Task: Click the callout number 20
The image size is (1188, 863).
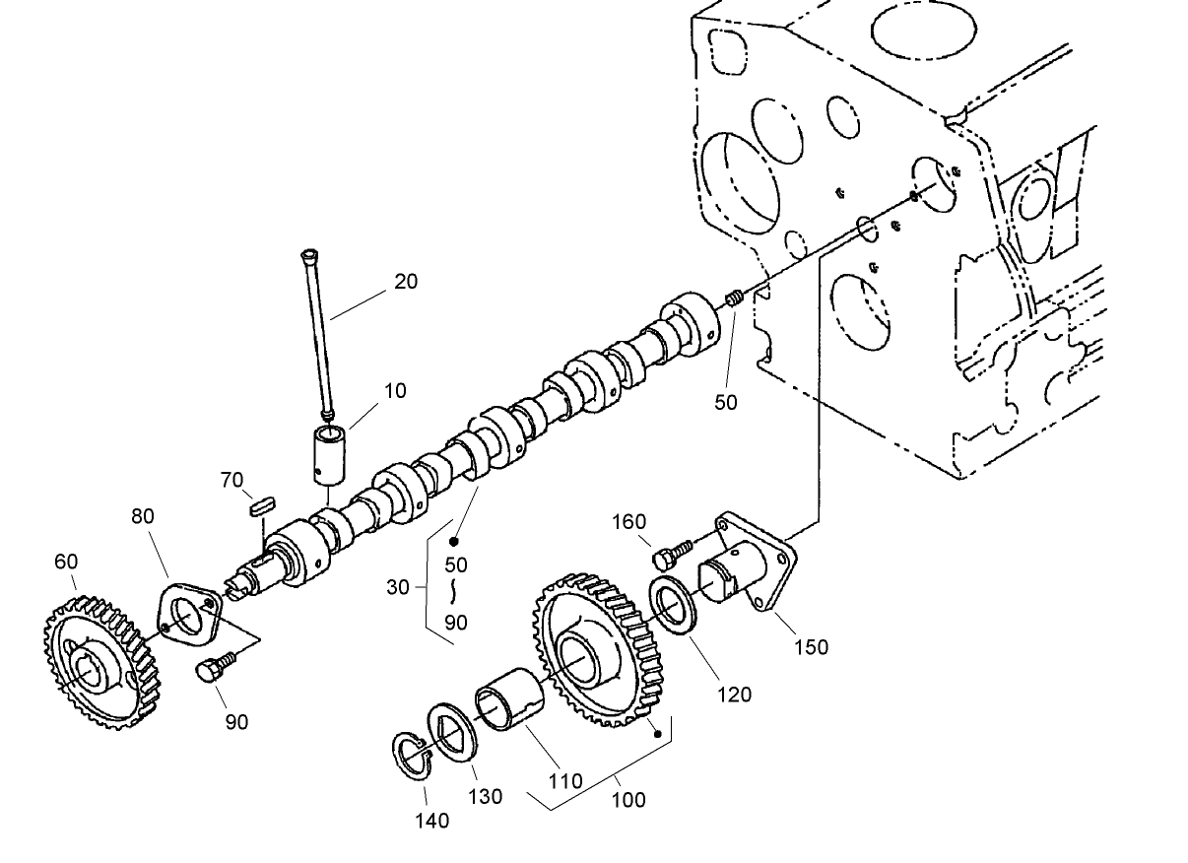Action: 406,282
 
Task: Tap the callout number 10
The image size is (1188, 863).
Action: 394,391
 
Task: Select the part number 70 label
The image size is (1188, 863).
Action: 231,481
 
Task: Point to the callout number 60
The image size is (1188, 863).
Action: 66,562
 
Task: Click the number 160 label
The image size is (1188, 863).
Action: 628,522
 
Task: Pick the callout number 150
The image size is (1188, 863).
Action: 812,647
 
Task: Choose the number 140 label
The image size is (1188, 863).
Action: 431,820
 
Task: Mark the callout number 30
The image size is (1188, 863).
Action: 397,587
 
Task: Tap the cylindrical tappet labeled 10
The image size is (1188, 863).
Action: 328,452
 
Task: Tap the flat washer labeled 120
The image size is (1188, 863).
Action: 673,605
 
